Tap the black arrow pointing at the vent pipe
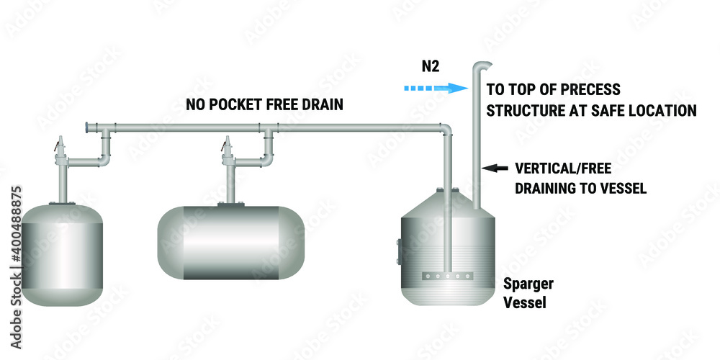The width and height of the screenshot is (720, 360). [493, 168]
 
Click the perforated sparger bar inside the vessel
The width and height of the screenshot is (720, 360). [447, 274]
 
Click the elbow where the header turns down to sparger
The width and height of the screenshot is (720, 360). [446, 130]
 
